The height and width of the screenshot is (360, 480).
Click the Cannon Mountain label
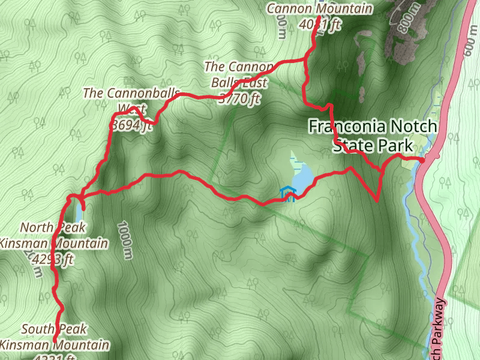(319, 9)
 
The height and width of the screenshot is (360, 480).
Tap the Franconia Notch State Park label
(373, 136)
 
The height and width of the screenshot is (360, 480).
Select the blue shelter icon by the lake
(289, 194)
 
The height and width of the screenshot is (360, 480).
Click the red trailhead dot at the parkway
(422, 160)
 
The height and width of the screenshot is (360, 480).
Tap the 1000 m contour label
(125, 241)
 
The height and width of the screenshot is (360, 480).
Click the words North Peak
(53, 227)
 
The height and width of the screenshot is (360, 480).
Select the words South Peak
(54, 329)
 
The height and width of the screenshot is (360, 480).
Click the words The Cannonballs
(131, 93)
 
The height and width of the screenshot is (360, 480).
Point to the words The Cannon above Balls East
(238, 66)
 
